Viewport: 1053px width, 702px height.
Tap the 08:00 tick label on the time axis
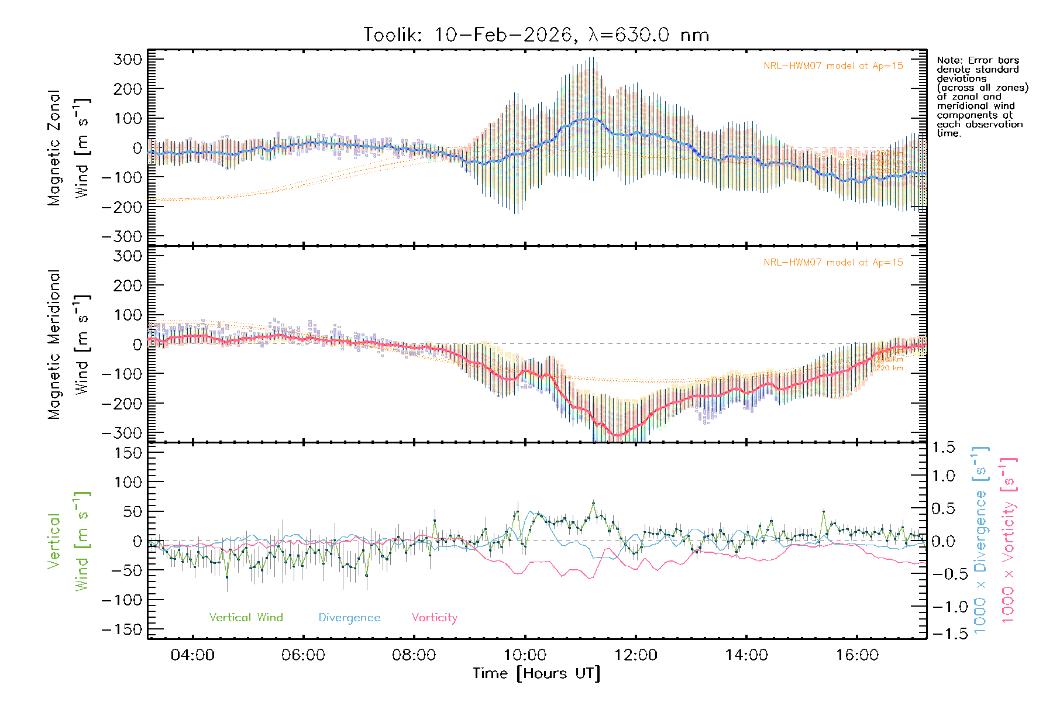tap(414, 655)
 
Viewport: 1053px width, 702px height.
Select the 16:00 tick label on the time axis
tap(857, 655)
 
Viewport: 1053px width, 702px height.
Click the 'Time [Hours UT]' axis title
tap(536, 674)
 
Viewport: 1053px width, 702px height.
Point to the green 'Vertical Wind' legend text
tap(246, 618)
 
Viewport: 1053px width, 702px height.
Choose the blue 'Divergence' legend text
tap(349, 618)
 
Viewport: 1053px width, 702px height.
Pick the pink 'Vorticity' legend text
tap(434, 618)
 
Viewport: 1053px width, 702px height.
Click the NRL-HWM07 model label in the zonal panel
tap(833, 66)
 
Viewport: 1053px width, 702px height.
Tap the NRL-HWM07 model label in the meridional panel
tap(833, 263)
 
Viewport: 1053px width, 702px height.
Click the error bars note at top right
tap(982, 97)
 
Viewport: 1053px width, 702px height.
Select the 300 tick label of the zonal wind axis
tap(128, 59)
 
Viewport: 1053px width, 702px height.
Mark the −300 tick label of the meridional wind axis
tap(122, 433)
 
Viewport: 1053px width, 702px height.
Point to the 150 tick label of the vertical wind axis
tap(128, 453)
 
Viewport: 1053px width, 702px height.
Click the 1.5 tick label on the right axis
tap(944, 448)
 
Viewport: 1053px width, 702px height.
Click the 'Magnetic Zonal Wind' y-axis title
tap(68, 148)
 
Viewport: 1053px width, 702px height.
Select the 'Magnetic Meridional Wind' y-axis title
tap(68, 345)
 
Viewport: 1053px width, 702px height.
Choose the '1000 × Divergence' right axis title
tap(980, 539)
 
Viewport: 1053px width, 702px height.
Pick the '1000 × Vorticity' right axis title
tap(1009, 539)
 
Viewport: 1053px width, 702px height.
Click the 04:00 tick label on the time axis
tap(192, 655)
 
